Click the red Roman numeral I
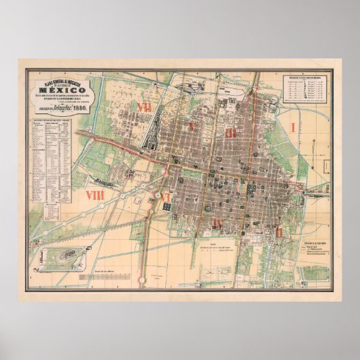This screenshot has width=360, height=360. tap(293, 127)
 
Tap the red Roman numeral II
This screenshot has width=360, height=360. tap(280, 232)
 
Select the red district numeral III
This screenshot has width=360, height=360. tap(230, 133)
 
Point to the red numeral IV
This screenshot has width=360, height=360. tap(218, 223)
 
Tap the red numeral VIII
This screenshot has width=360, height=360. tap(94, 196)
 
